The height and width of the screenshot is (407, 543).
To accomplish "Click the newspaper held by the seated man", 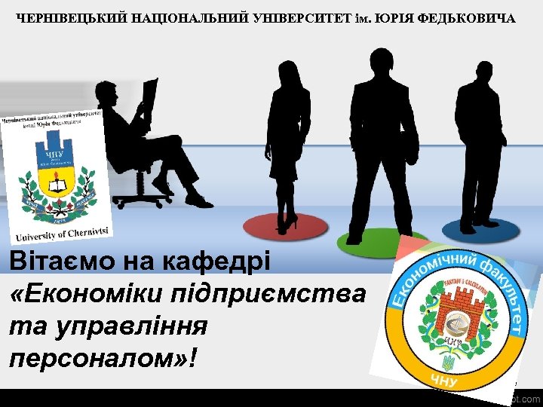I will tap(149, 98).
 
